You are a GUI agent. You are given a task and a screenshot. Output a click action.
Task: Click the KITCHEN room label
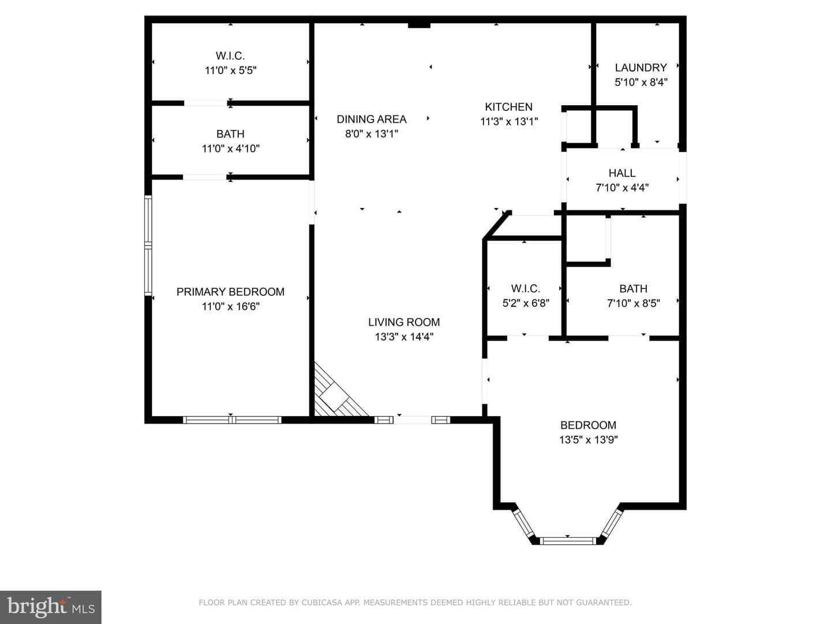(x=508, y=107)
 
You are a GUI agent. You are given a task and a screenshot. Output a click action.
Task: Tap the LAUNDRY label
(x=641, y=68)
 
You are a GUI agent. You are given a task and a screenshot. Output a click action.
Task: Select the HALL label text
(x=622, y=173)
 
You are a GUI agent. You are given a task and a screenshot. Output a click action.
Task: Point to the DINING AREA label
(x=372, y=120)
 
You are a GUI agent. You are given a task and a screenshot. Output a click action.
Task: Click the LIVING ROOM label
(x=404, y=322)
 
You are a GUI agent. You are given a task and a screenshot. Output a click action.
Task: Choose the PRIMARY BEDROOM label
(x=230, y=292)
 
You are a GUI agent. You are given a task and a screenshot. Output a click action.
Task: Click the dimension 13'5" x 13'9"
(x=588, y=440)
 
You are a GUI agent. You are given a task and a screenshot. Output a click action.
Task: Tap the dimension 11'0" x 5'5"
(x=231, y=70)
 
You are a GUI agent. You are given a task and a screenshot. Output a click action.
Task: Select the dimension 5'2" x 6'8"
(x=526, y=303)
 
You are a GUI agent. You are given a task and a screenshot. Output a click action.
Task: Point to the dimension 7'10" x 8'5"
(x=634, y=303)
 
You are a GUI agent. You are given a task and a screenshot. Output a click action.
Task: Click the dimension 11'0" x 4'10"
(x=231, y=148)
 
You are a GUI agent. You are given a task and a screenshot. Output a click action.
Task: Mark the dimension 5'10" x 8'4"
(x=641, y=82)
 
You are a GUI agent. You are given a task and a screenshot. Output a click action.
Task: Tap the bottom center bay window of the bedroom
(x=567, y=541)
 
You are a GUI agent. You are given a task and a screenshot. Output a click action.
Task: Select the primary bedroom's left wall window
(x=148, y=246)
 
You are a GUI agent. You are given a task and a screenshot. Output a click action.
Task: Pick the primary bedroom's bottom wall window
(x=232, y=420)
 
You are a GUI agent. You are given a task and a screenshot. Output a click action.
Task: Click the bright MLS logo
(x=51, y=607)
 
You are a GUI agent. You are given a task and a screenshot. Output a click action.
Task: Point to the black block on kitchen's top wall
(x=419, y=25)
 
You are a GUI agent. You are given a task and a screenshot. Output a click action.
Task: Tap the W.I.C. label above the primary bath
(x=230, y=56)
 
